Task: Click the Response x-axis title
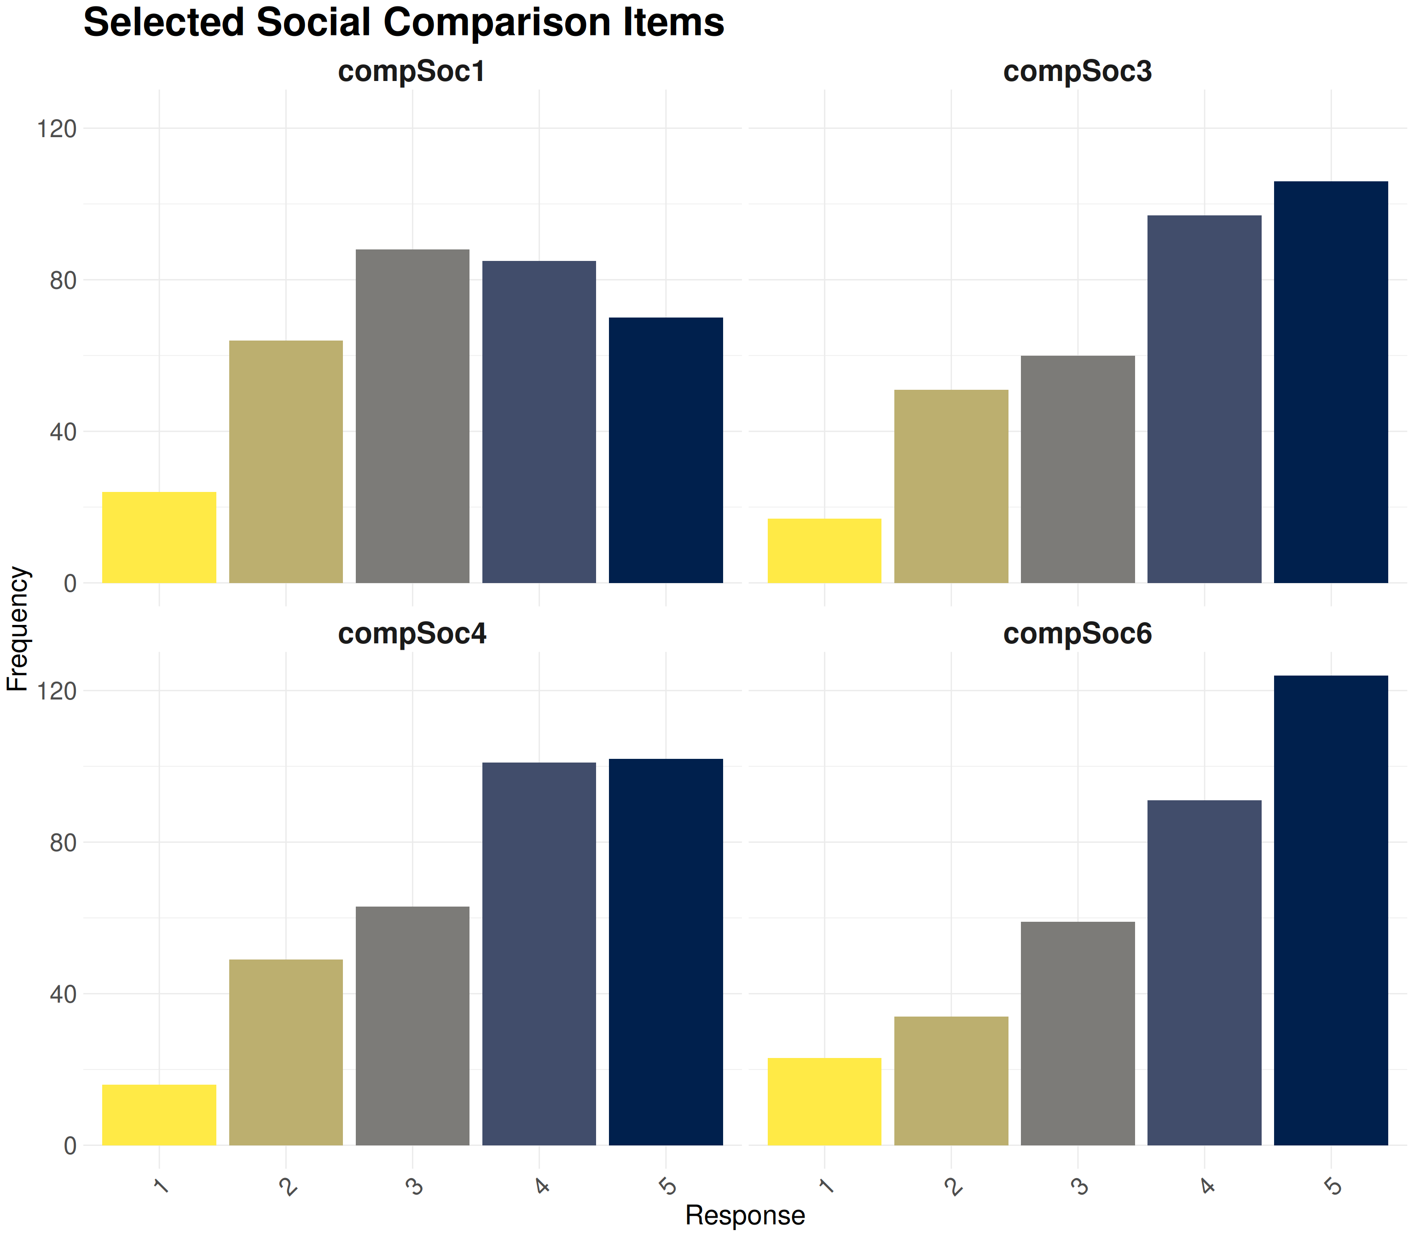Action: (x=745, y=1215)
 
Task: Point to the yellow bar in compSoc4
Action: (x=159, y=1114)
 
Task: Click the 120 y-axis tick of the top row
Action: (x=57, y=128)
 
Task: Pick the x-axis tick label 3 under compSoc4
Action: (x=413, y=1186)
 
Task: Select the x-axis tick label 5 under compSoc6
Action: (x=1333, y=1186)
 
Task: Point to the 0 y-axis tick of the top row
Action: (x=70, y=584)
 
